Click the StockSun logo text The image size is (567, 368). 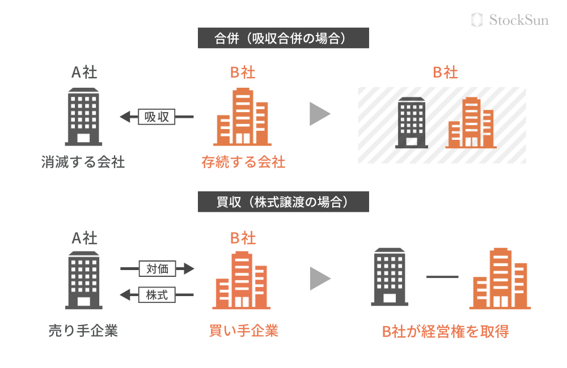(518, 20)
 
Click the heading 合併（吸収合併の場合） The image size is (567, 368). (283, 38)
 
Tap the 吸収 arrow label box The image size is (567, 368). (157, 117)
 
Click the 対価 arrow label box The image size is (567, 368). (157, 268)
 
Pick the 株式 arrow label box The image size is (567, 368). (157, 294)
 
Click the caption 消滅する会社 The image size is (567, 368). (83, 162)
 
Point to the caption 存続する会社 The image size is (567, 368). (243, 162)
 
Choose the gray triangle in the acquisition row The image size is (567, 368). (319, 279)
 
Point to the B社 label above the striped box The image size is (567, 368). (445, 72)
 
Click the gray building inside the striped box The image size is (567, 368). (412, 123)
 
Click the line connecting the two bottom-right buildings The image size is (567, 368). (442, 277)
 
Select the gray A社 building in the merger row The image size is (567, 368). (83, 116)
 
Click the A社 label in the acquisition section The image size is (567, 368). (84, 238)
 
